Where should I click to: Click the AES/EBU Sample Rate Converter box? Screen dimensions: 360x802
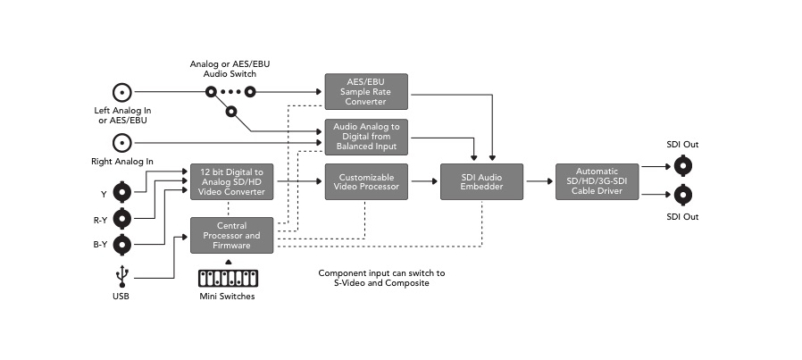365,91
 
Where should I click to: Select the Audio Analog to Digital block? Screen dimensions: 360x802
365,137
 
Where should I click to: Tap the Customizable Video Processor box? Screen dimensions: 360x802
365,181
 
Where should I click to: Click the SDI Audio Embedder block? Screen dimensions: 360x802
481,181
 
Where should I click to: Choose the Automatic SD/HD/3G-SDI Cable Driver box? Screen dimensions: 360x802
597,181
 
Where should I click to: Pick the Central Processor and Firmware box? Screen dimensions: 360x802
231,235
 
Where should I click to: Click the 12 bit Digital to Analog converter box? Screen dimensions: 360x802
231,181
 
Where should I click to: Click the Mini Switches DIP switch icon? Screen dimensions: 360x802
225,276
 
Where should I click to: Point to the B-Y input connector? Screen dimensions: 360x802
121,245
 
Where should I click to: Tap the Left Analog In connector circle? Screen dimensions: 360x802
121,92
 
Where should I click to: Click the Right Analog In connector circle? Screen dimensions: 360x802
121,141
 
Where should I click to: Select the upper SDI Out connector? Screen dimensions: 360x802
683,165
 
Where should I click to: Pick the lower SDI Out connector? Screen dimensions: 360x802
683,194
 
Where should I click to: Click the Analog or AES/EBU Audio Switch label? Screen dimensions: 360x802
222,69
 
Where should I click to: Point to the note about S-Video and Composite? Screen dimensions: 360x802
381,278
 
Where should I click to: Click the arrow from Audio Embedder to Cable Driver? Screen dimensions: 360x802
539,181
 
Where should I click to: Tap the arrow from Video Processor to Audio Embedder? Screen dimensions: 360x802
423,181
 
